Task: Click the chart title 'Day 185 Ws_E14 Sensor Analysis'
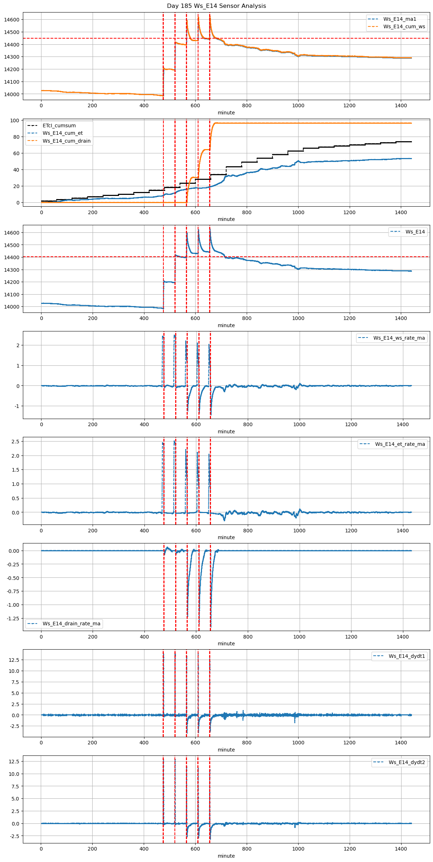pyautogui.click(x=216, y=6)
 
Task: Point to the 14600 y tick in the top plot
pyautogui.click(x=12, y=20)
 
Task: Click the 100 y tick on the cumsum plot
pyautogui.click(x=15, y=120)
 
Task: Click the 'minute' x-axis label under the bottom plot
pyautogui.click(x=226, y=856)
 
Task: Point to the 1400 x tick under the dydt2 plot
pyautogui.click(x=401, y=848)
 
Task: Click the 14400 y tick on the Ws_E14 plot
pyautogui.click(x=12, y=257)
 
